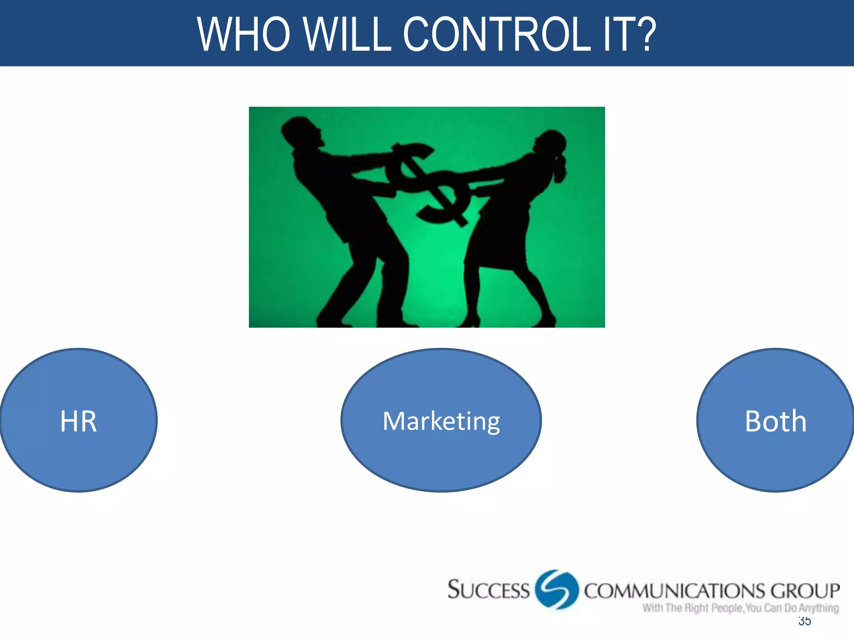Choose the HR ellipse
point(78,420)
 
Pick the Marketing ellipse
point(441,420)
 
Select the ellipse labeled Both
point(776,420)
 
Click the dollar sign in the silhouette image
point(430,184)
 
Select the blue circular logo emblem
point(557,589)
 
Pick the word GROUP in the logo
point(805,591)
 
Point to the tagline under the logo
point(740,608)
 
